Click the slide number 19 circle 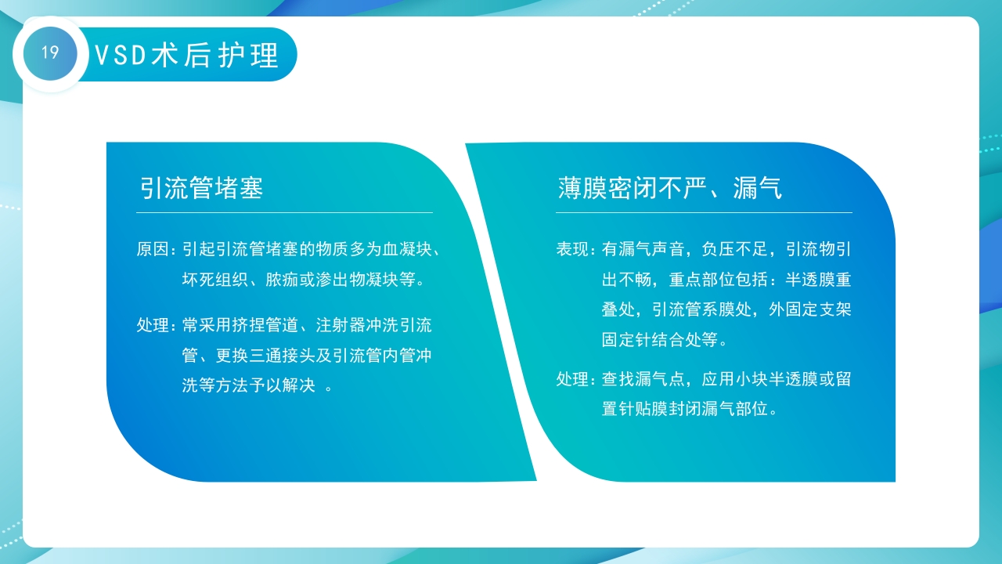pos(50,53)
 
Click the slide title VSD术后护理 pos(186,56)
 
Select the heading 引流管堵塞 pos(201,188)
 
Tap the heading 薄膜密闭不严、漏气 pos(669,188)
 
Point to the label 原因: pos(157,250)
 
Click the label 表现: pos(576,250)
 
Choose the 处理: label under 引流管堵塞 pos(157,325)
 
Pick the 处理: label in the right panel pos(576,380)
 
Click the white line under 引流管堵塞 pos(284,212)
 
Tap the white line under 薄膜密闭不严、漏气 pos(704,212)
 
